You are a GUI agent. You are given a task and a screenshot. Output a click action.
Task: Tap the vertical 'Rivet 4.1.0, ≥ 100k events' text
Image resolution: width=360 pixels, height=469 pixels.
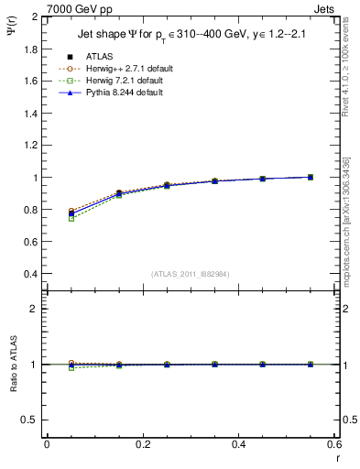(351, 64)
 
